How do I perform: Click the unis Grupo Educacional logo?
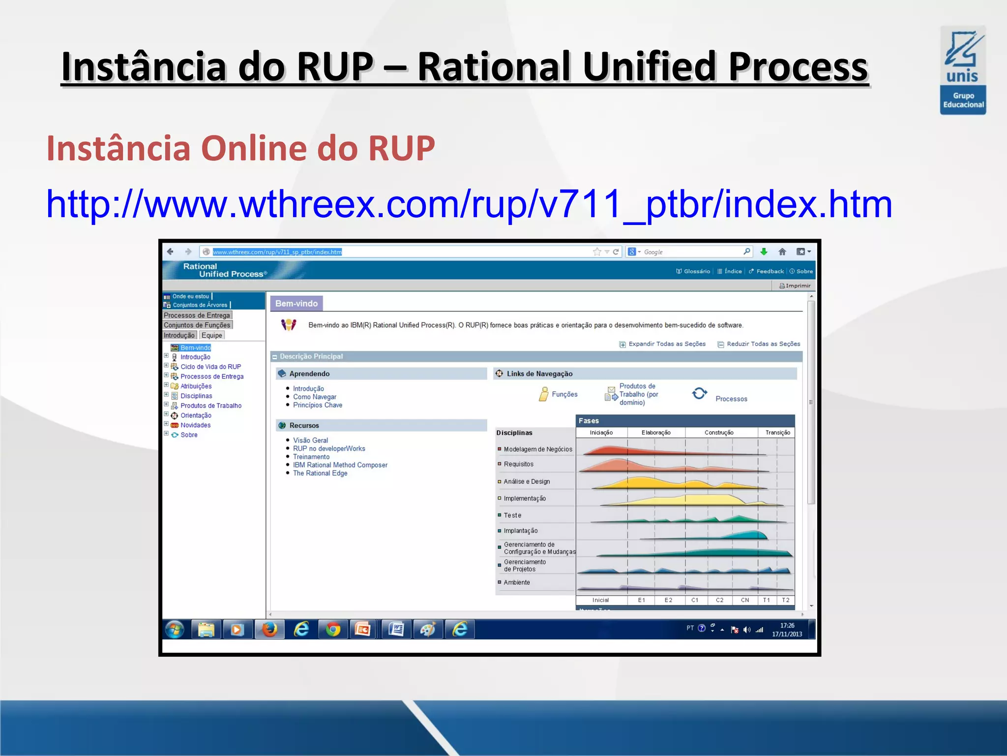coord(963,70)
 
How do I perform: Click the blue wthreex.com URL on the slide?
coord(469,204)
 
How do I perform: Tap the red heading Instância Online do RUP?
coord(240,148)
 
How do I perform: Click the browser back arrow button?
coord(170,252)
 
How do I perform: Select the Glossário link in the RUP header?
coord(696,271)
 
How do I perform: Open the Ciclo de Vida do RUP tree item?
coord(210,367)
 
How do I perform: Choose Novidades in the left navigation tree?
coord(195,425)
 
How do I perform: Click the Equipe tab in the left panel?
coord(212,335)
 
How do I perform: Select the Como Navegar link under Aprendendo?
coord(315,397)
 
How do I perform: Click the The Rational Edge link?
coord(320,473)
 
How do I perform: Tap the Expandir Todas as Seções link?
coord(666,344)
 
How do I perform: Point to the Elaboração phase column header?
coord(656,433)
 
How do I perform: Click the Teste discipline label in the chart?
coord(512,515)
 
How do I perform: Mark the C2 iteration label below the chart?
coord(719,600)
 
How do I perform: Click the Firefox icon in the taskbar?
coord(269,630)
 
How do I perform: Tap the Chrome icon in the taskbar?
coord(333,630)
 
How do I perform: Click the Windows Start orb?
coord(175,630)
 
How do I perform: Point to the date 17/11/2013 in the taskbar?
coord(787,634)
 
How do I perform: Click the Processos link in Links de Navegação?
coord(731,399)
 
